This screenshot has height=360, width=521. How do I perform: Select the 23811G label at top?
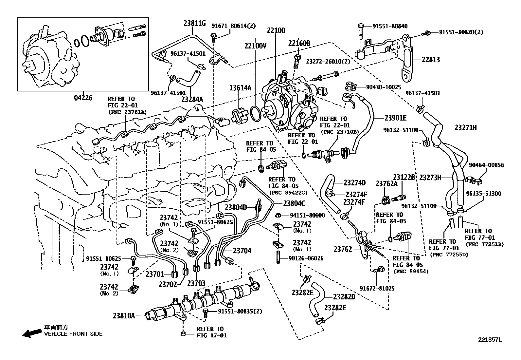[x=194, y=23]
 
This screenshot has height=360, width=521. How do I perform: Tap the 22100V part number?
[x=255, y=46]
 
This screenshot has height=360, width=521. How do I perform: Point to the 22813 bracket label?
[x=431, y=60]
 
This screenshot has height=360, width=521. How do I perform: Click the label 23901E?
[x=395, y=118]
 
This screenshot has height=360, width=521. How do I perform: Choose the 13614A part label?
[x=240, y=87]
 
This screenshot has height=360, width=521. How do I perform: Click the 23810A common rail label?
[x=124, y=315]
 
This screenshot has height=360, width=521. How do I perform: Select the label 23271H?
[x=465, y=128]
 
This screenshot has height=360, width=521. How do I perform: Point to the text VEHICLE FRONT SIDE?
[x=73, y=334]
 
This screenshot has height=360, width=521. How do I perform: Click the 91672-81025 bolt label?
[x=377, y=288]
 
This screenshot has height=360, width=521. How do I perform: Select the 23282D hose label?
[x=344, y=297]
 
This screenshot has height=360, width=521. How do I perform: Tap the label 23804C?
[x=294, y=203]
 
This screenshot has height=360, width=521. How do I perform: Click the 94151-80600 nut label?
[x=307, y=215]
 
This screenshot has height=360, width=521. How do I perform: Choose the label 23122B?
[x=404, y=177]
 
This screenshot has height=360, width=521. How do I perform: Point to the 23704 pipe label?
[x=242, y=251]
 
